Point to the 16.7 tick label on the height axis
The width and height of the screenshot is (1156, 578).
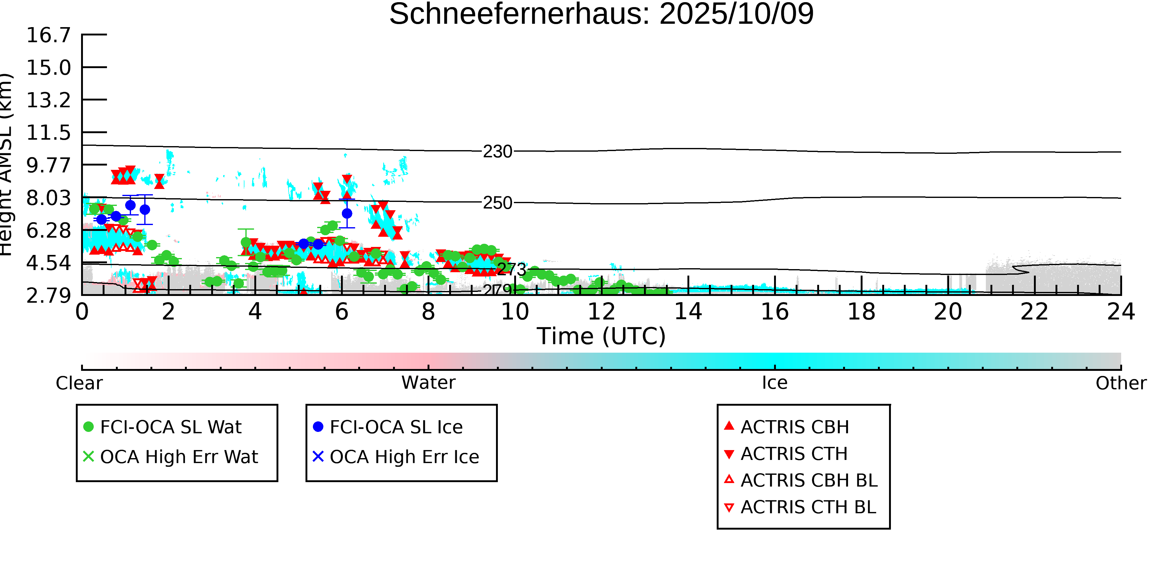tap(48, 35)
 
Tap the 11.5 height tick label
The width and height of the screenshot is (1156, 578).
tap(48, 133)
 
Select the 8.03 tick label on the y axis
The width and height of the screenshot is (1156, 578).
tap(48, 198)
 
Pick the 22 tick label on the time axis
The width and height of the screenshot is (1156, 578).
tap(1034, 312)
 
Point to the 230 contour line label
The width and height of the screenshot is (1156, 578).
tap(497, 152)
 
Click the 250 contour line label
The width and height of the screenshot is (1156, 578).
tap(497, 203)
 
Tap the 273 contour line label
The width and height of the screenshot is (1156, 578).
tap(512, 269)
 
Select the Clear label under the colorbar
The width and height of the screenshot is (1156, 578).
tap(79, 383)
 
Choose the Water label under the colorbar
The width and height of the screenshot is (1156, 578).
tap(428, 383)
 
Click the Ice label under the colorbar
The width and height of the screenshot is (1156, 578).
tap(775, 383)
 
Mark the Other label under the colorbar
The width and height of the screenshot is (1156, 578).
tap(1121, 383)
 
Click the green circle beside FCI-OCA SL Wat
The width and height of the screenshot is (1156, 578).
tap(89, 427)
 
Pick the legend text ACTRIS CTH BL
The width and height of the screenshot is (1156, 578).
tap(808, 507)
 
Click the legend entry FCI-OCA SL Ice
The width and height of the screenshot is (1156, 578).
tap(396, 427)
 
